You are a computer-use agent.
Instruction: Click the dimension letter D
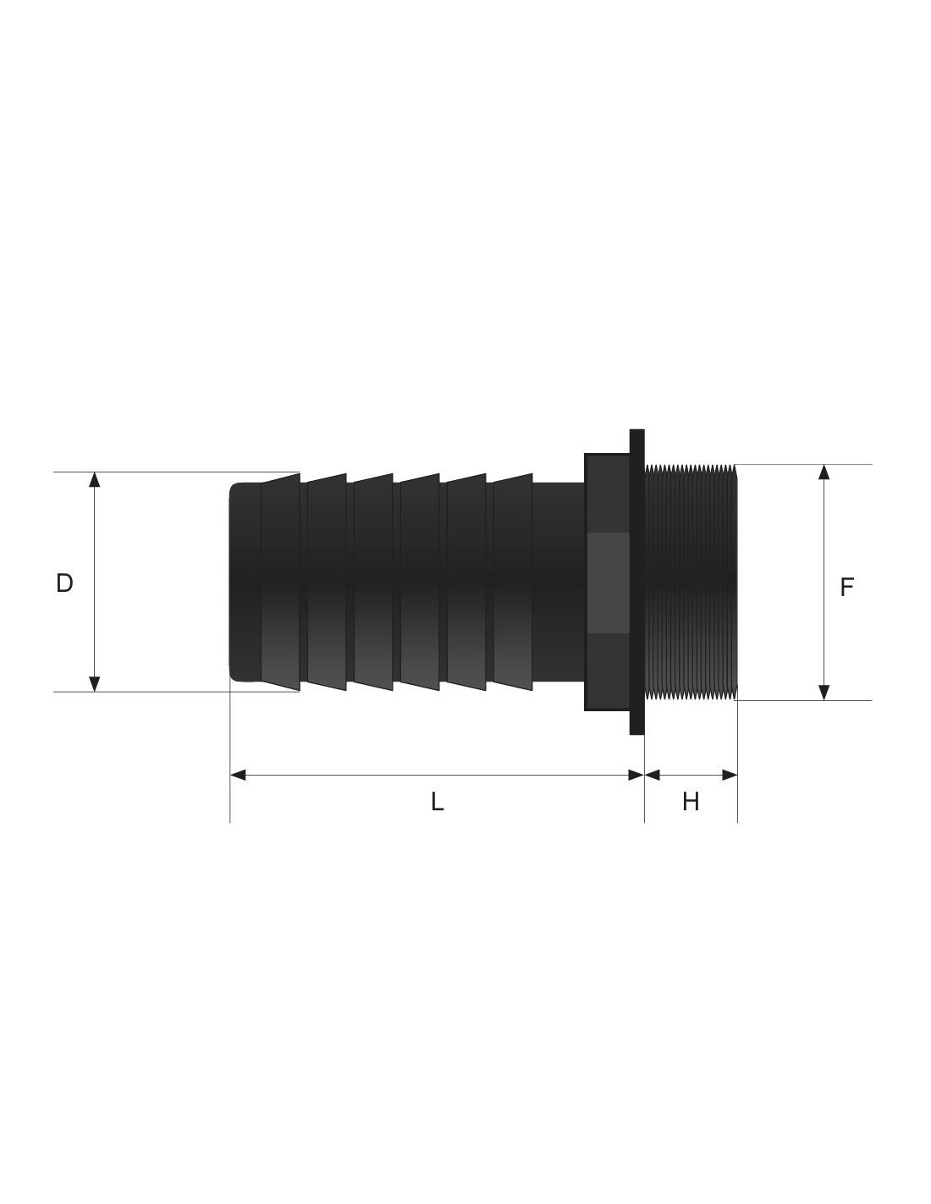[64, 583]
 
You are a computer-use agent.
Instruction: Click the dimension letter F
[846, 588]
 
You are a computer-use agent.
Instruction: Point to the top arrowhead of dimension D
[95, 480]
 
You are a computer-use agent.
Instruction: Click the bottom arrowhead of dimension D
[95, 684]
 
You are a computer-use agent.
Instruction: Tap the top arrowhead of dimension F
[824, 472]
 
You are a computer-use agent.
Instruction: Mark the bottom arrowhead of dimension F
[824, 693]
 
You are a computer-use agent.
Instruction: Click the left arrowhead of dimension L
[238, 775]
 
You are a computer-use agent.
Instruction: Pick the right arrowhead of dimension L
[636, 775]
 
